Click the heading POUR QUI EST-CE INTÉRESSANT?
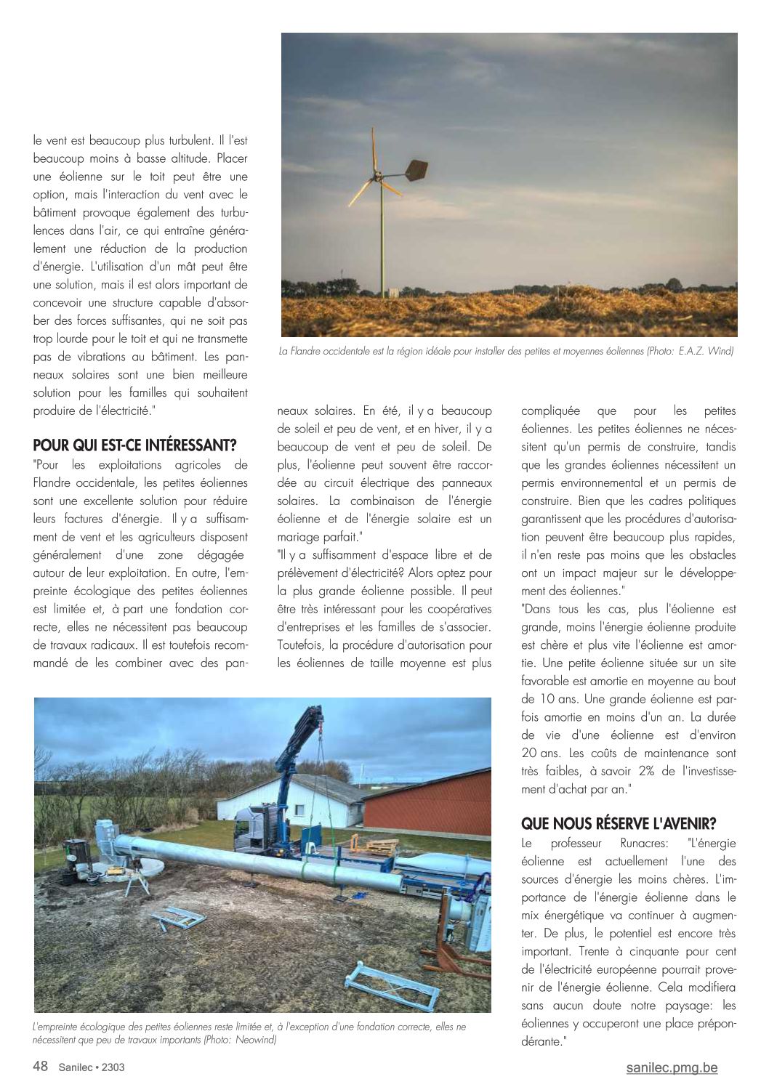click(x=135, y=445)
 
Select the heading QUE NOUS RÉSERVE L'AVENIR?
click(x=619, y=823)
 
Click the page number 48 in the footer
click(x=41, y=1067)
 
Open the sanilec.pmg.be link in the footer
click(x=672, y=1067)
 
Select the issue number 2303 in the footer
click(x=117, y=1067)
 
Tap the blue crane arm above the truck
click(x=294, y=748)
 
